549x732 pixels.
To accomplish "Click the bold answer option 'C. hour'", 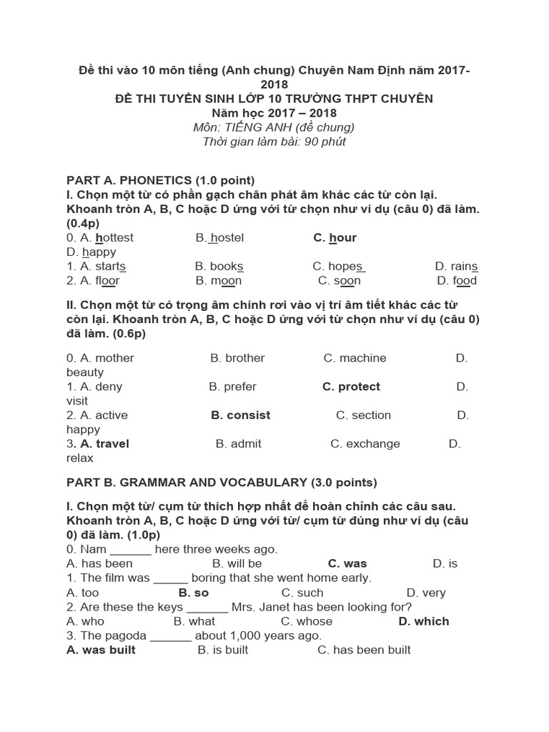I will (335, 238).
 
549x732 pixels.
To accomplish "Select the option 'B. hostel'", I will (219, 238).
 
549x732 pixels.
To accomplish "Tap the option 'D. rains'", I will (456, 267).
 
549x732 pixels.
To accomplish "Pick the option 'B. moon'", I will (218, 281).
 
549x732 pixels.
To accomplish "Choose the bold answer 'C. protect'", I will (351, 387).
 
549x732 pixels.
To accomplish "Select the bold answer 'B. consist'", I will (241, 415).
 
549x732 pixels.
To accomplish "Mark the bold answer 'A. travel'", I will (99, 444).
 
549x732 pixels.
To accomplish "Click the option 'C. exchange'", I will (365, 444).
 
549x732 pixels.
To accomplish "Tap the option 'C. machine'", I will (355, 358).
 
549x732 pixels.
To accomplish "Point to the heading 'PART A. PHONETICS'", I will (161, 180).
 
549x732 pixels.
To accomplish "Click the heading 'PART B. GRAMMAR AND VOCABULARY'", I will (222, 483).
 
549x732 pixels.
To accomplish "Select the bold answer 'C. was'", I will (347, 564).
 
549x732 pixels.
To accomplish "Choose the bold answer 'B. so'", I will (193, 593).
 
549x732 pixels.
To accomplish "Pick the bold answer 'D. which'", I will (424, 621).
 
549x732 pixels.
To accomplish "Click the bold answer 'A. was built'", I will (101, 650).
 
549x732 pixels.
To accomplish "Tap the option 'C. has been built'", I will (364, 650).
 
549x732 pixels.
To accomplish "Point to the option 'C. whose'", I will (307, 621).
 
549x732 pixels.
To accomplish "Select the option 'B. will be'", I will (237, 564).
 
